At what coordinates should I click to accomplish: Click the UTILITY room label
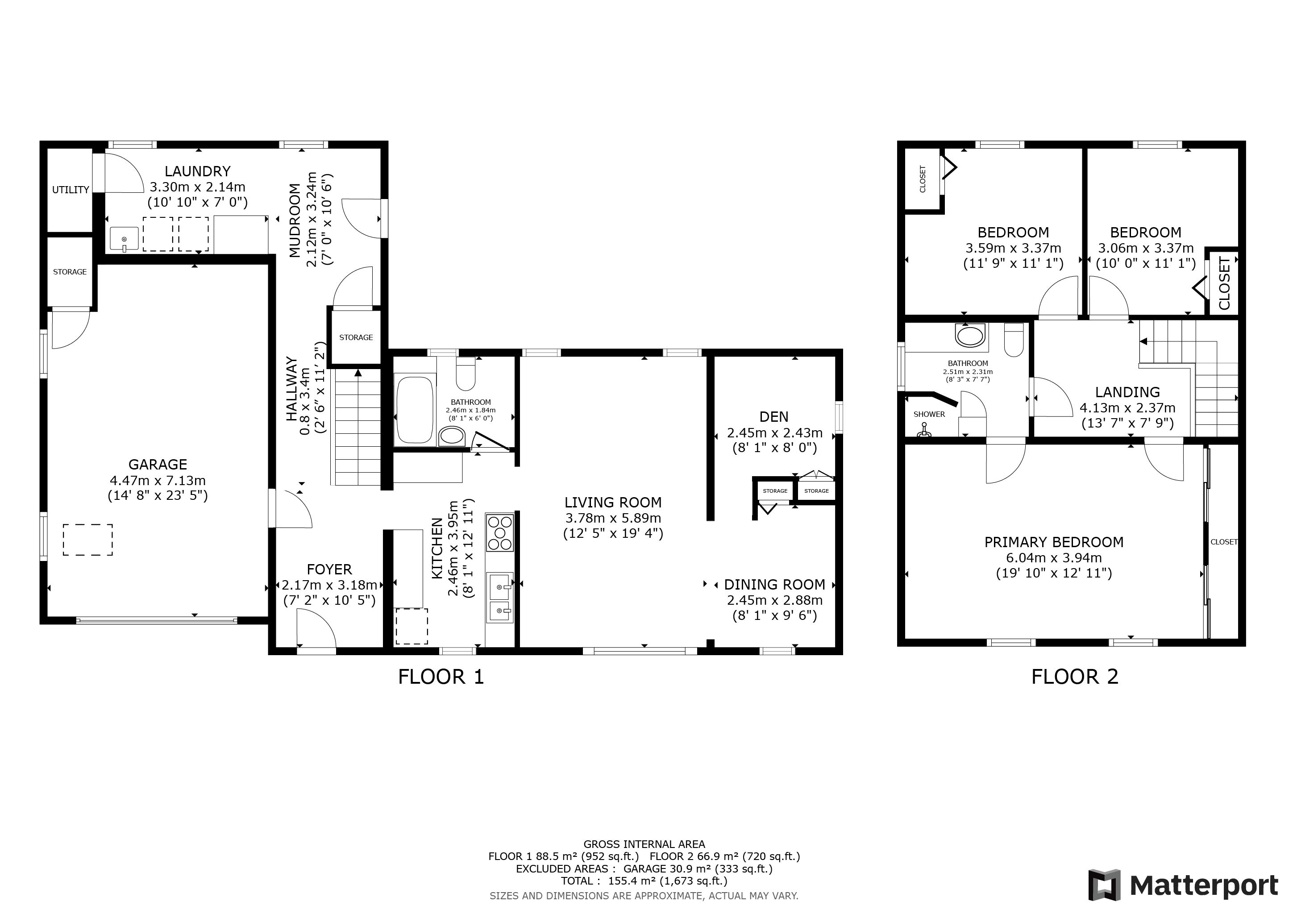pyautogui.click(x=71, y=190)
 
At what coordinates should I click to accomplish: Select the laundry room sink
pyautogui.click(x=124, y=239)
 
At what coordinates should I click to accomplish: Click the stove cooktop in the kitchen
pyautogui.click(x=500, y=532)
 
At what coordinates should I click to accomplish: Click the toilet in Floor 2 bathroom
pyautogui.click(x=1014, y=340)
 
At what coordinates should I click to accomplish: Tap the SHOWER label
pyautogui.click(x=929, y=414)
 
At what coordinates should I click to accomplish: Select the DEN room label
pyautogui.click(x=774, y=417)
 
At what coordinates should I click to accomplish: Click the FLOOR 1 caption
pyautogui.click(x=441, y=676)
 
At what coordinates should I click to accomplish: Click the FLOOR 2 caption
pyautogui.click(x=1074, y=676)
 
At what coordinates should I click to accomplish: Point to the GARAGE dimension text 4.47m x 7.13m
pyautogui.click(x=158, y=480)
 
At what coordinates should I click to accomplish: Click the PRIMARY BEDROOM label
pyautogui.click(x=1054, y=542)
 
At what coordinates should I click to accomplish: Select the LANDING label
pyautogui.click(x=1127, y=392)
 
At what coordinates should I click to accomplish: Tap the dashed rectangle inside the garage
pyautogui.click(x=88, y=540)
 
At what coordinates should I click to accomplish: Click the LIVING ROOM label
pyautogui.click(x=613, y=503)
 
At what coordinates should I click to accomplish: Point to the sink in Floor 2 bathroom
pyautogui.click(x=971, y=336)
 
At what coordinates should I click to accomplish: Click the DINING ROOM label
pyautogui.click(x=774, y=585)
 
